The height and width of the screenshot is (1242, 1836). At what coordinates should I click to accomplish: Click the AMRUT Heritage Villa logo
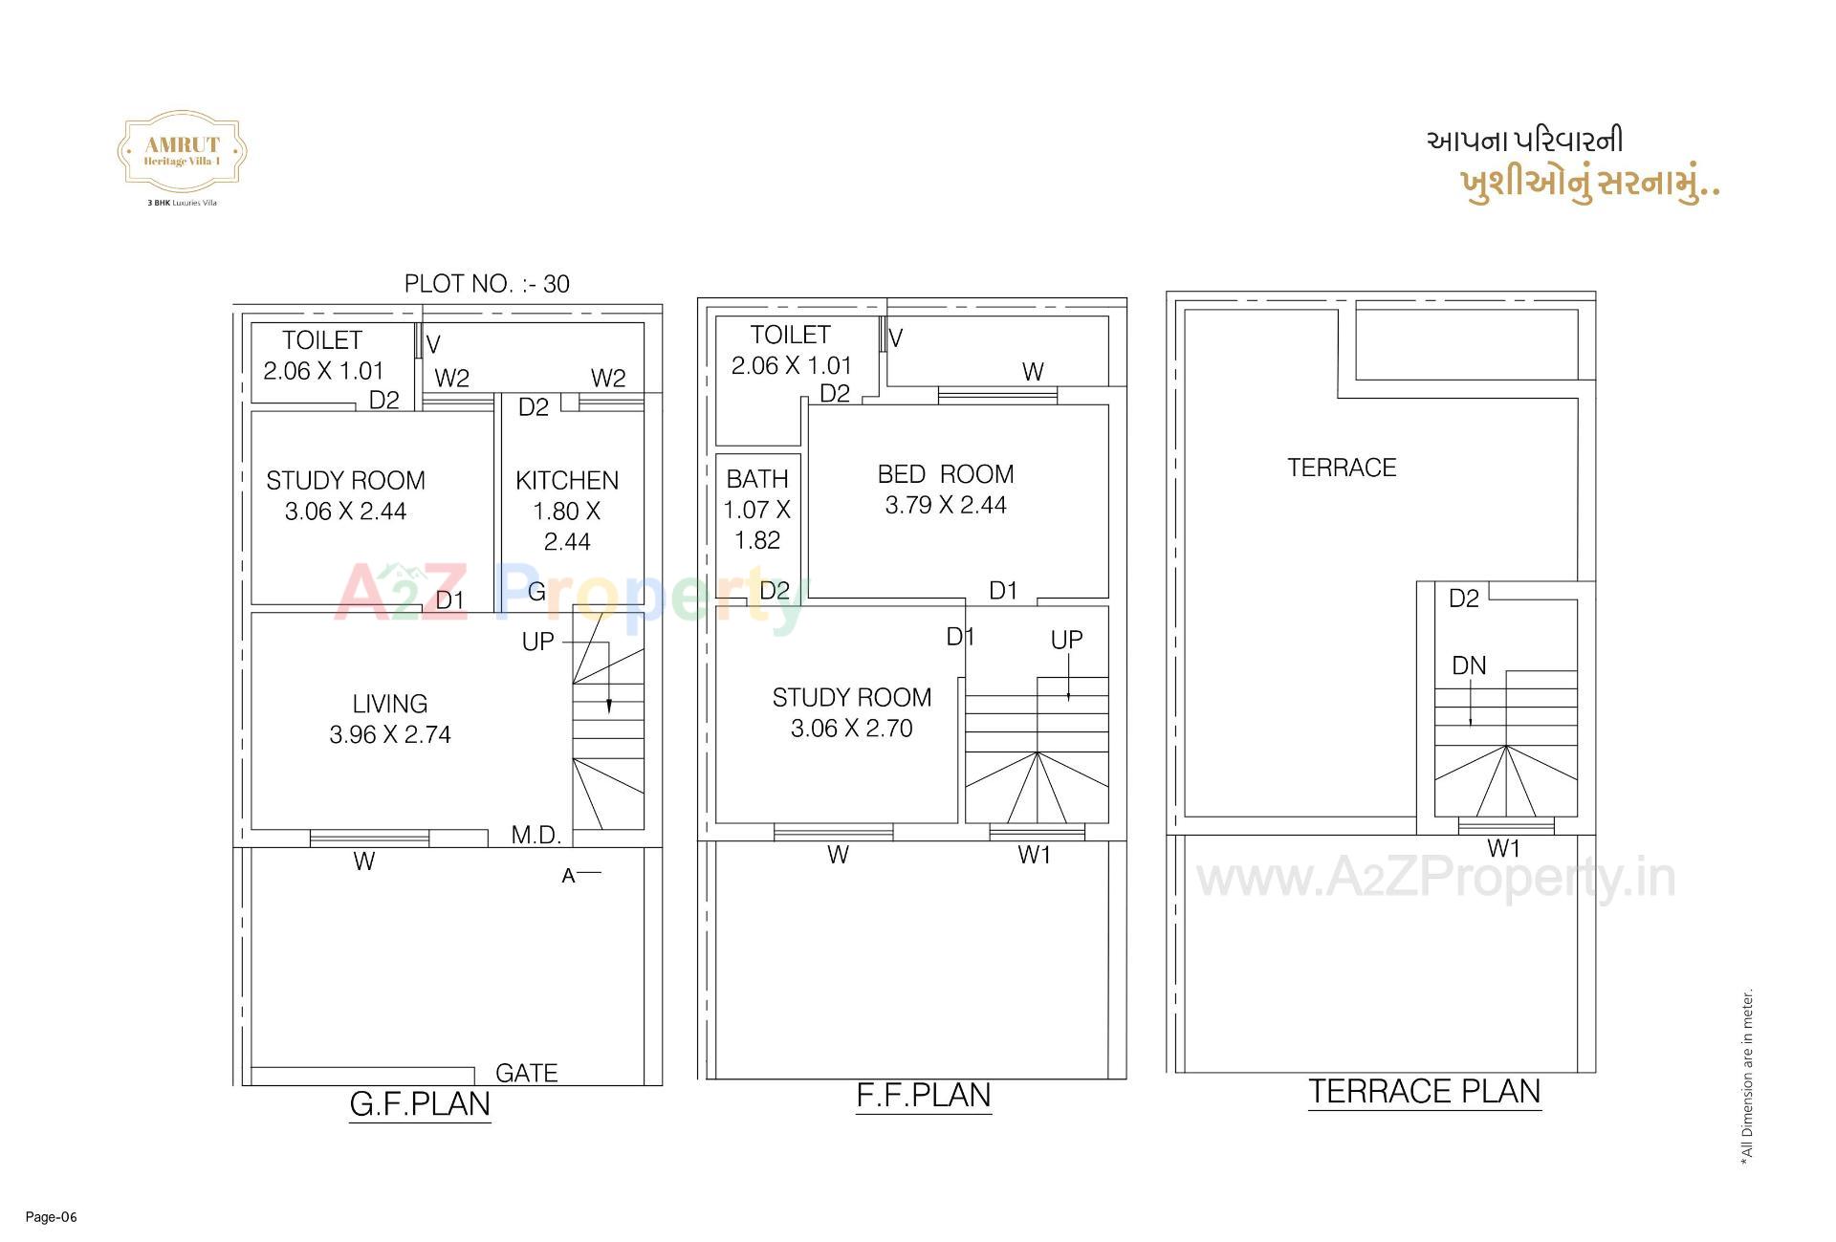[x=182, y=153]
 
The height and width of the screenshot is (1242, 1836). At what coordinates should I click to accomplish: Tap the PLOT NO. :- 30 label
[x=487, y=284]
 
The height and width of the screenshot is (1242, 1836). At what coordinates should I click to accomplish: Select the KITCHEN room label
[x=567, y=480]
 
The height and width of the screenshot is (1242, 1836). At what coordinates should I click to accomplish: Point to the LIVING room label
[x=389, y=704]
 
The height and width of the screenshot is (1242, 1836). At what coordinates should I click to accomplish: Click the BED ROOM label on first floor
[x=946, y=474]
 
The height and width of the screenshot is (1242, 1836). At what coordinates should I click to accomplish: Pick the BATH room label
[x=757, y=479]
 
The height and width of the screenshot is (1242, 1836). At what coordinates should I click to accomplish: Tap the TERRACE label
[x=1342, y=468]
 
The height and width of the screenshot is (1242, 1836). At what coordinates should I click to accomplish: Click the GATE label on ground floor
[x=526, y=1073]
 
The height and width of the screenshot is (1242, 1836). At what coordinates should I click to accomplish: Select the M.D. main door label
[x=536, y=835]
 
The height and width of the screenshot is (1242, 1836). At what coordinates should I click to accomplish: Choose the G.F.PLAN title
[x=420, y=1104]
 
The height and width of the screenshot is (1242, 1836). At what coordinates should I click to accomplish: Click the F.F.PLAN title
[x=924, y=1096]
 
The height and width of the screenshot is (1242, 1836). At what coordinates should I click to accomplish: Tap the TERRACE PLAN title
[x=1424, y=1092]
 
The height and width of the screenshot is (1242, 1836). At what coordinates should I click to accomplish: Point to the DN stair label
[x=1469, y=665]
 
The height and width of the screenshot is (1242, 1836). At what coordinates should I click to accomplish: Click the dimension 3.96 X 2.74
[x=389, y=734]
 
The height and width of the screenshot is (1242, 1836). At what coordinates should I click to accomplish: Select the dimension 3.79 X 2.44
[x=946, y=505]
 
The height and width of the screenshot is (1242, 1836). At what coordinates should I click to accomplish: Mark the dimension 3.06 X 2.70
[x=851, y=729]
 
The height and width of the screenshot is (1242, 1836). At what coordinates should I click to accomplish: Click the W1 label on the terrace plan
[x=1503, y=848]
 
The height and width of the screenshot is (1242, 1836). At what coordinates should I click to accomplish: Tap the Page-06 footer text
[x=51, y=1217]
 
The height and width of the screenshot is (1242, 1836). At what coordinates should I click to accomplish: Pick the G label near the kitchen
[x=536, y=592]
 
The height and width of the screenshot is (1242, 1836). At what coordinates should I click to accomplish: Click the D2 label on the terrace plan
[x=1463, y=599]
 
